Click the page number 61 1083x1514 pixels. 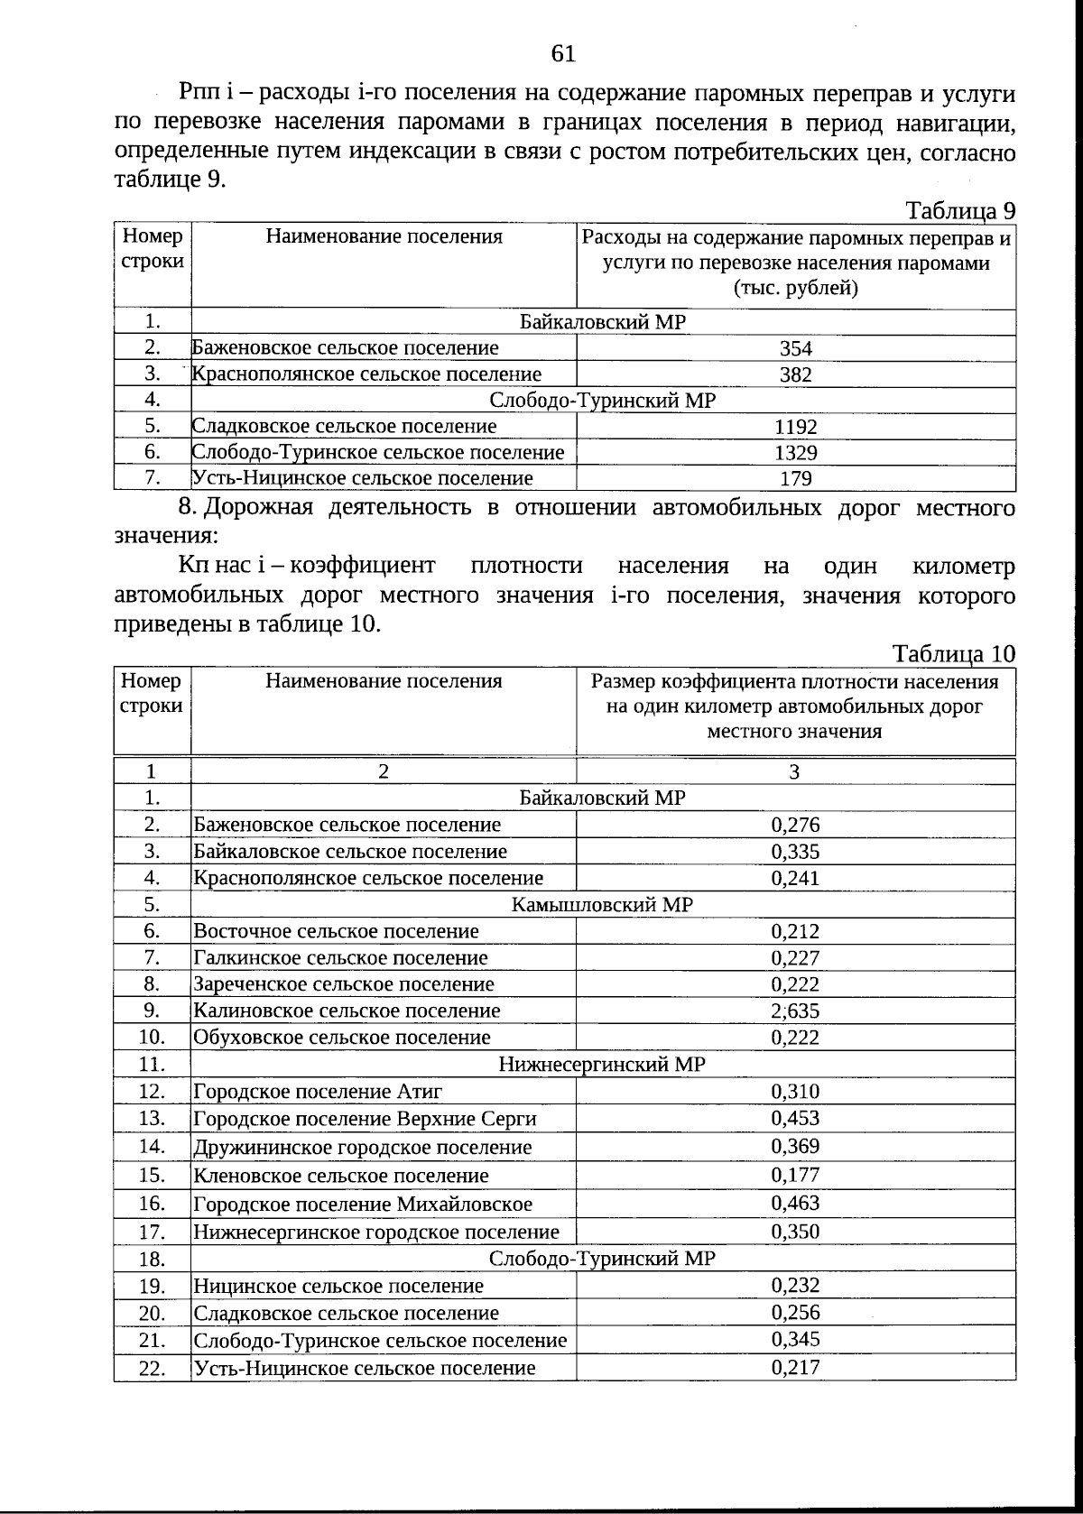click(x=563, y=54)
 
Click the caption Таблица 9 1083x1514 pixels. click(x=960, y=210)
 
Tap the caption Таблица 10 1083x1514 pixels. click(x=953, y=653)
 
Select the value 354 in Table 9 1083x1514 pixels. click(x=795, y=349)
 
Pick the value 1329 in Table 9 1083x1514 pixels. click(x=795, y=453)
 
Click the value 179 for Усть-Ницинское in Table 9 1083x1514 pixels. click(x=795, y=479)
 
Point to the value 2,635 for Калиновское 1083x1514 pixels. click(x=795, y=1011)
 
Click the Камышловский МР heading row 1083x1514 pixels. click(x=602, y=905)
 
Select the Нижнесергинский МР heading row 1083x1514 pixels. click(x=602, y=1065)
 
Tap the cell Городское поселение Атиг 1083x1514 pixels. click(x=318, y=1092)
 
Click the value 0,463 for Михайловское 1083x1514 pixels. click(x=795, y=1203)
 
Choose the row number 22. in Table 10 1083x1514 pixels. click(x=152, y=1369)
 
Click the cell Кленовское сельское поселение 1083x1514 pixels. click(x=341, y=1176)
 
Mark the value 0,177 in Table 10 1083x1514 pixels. click(x=795, y=1175)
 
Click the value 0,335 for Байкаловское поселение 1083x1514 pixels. click(x=795, y=852)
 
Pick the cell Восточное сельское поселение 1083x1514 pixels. click(x=336, y=931)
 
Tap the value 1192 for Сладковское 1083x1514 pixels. click(x=795, y=427)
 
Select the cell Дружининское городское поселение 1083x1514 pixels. click(x=362, y=1148)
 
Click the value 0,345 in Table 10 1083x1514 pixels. click(x=795, y=1340)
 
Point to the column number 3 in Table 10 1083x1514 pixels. click(x=794, y=771)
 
